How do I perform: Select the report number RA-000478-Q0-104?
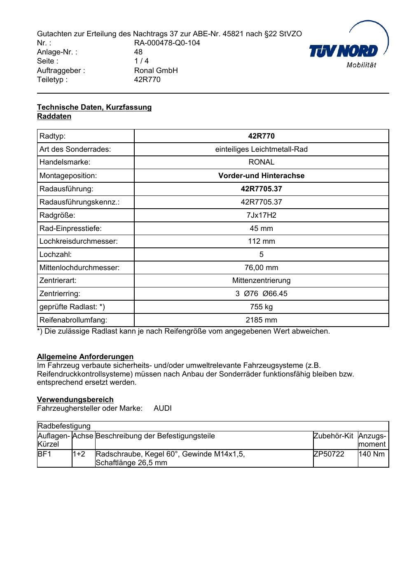coord(167,43)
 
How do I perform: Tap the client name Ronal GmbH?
coord(156,71)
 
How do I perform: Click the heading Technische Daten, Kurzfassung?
coord(94,107)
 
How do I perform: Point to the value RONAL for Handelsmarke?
coord(261,162)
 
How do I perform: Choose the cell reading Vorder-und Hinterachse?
coord(261,176)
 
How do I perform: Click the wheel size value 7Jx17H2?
coord(261,215)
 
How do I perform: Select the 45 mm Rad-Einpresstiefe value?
coord(261,228)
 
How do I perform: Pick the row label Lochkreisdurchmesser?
coord(78,241)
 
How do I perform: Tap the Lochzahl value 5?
coord(261,254)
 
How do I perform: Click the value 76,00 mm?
coord(261,268)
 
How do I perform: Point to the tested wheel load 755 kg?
coord(261,307)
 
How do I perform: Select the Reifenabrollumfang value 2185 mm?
coord(261,320)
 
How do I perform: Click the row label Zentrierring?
coord(60,294)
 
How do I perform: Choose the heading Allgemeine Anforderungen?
coord(85,357)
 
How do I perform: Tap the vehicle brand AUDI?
coord(163,409)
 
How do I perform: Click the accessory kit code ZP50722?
coord(329,454)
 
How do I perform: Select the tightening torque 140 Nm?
coord(372,454)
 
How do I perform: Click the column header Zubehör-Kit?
coord(333,436)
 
